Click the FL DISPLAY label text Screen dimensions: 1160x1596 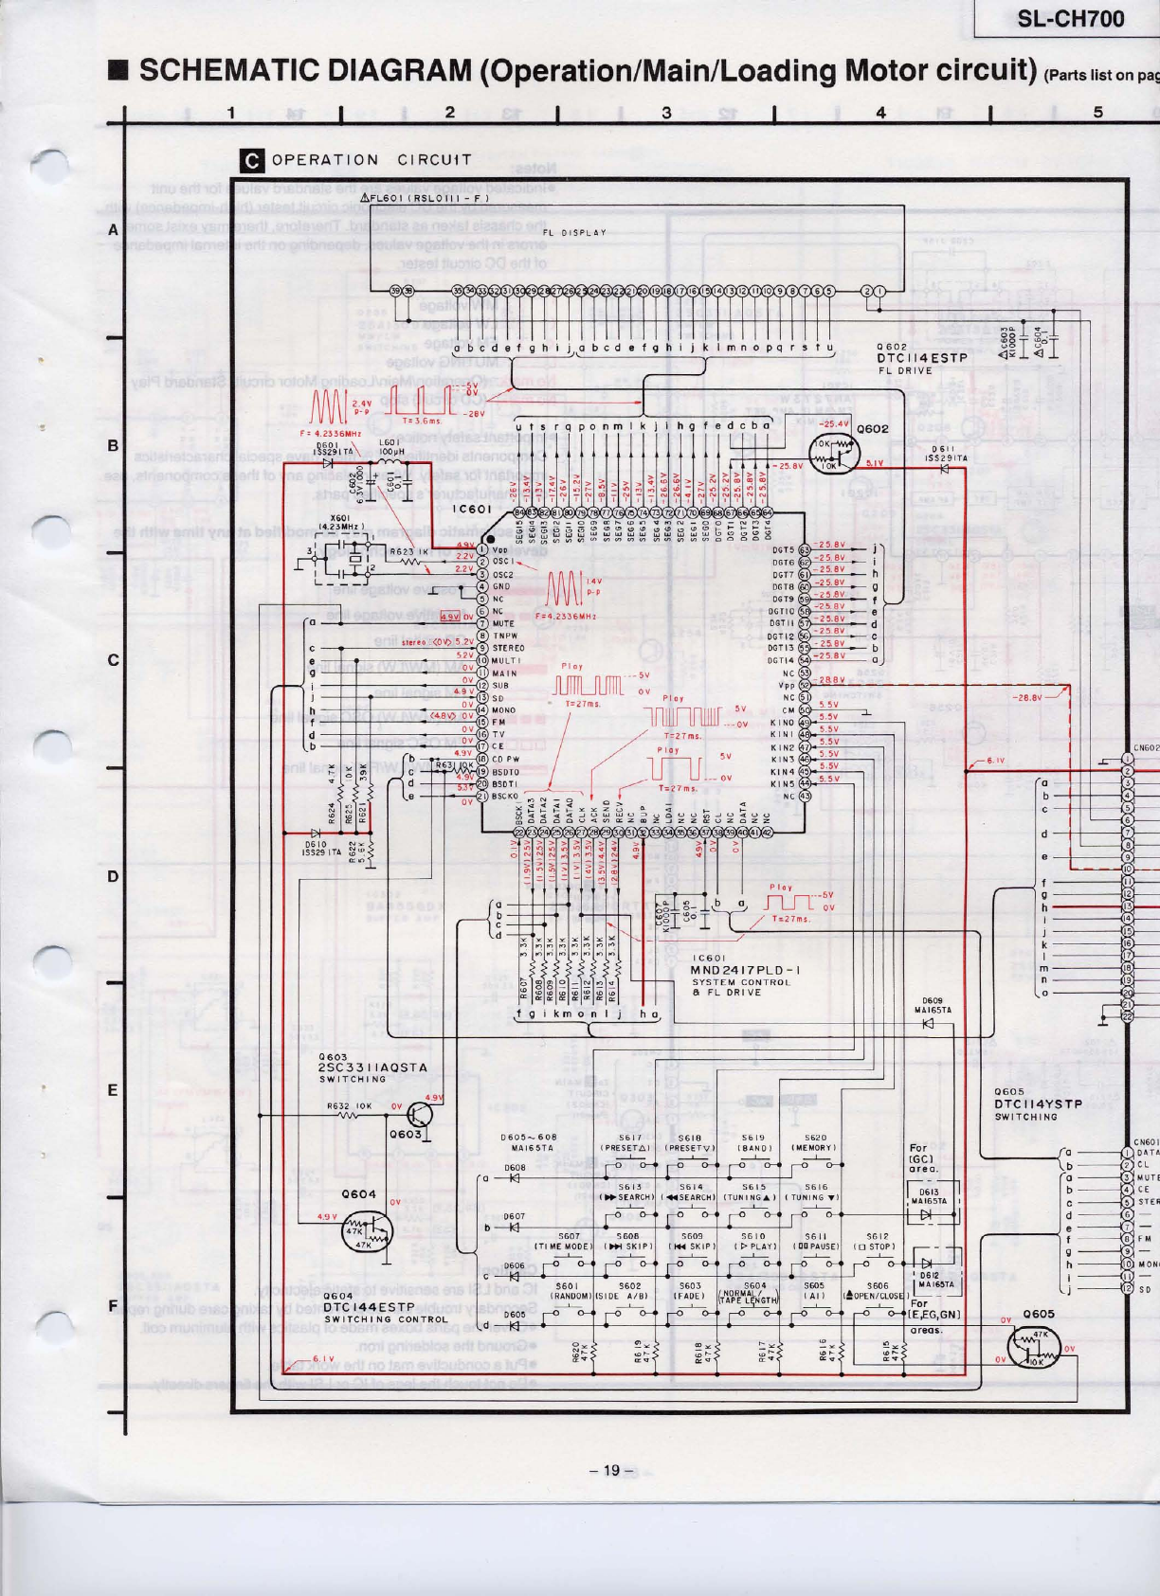[x=574, y=232]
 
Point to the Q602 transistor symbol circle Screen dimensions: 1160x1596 [x=831, y=454]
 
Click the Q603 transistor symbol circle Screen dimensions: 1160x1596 [x=418, y=1114]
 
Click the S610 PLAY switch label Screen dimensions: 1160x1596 [x=753, y=1242]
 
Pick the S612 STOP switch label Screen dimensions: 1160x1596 [x=877, y=1242]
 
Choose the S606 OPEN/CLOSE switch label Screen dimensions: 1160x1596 [x=877, y=1291]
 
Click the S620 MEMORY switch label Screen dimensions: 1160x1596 [x=816, y=1142]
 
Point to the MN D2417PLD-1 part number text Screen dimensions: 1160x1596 [x=745, y=970]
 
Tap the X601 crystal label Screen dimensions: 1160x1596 [x=340, y=521]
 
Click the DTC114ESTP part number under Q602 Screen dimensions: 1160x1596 [x=921, y=359]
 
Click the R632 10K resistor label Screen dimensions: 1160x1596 [x=350, y=1105]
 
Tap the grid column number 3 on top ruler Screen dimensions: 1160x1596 [x=666, y=113]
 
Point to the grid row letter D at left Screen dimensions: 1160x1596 [x=113, y=876]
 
